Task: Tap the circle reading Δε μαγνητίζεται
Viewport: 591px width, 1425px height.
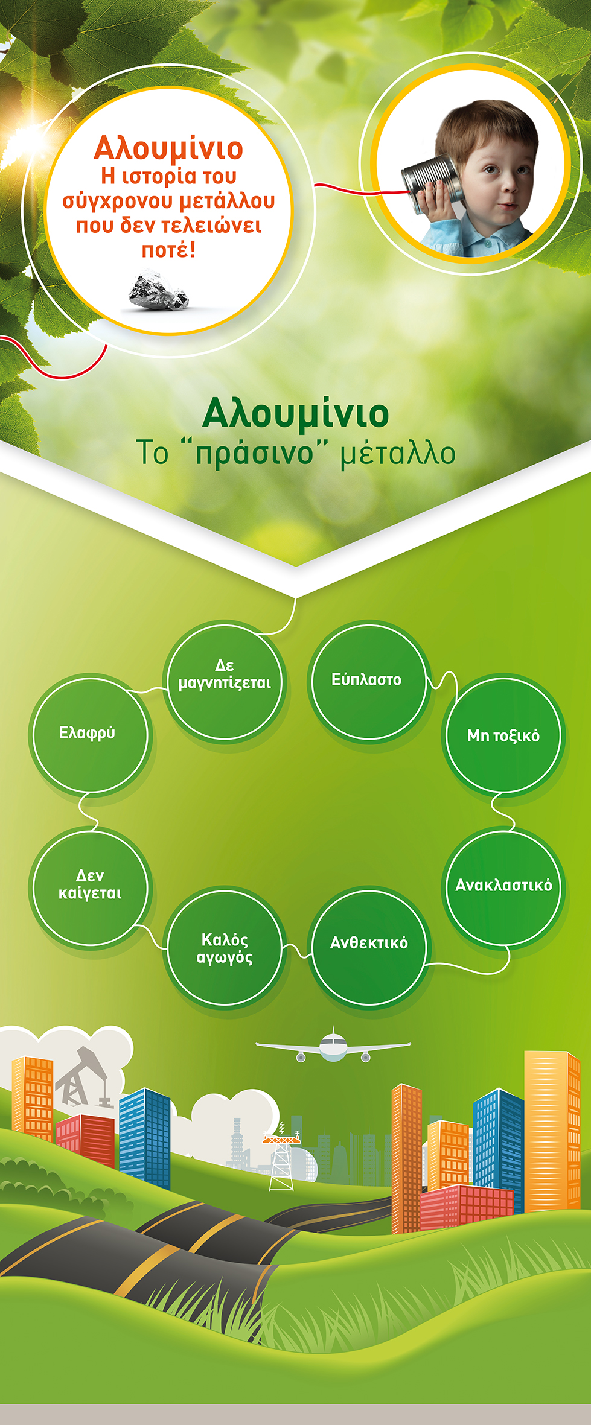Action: pos(225,682)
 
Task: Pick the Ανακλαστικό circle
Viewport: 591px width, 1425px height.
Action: pos(504,887)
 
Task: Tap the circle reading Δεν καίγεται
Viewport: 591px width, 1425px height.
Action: pos(90,887)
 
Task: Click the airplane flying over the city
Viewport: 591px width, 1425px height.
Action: pos(333,1045)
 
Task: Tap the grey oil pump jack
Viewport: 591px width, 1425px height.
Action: pos(84,1077)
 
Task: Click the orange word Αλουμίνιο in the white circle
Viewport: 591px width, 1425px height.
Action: pos(168,148)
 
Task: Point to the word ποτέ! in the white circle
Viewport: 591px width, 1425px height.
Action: pos(168,249)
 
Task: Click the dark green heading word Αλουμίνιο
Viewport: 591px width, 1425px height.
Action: pos(295,414)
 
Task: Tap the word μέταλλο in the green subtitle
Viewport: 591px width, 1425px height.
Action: pos(398,454)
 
